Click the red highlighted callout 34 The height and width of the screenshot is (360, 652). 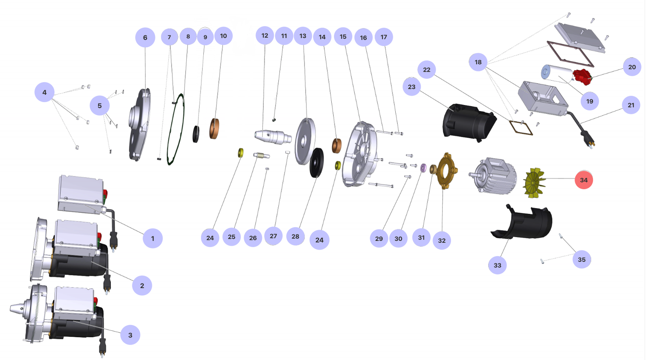pos(584,180)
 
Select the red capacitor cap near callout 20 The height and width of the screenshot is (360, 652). pos(582,77)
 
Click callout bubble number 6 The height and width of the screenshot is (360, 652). pos(145,37)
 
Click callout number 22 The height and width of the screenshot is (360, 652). pos(427,70)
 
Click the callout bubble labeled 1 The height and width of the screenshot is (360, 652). pos(153,238)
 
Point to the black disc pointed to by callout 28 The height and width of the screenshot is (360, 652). pos(317,162)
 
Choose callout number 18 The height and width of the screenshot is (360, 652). pos(478,62)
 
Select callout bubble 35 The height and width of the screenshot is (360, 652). pos(582,259)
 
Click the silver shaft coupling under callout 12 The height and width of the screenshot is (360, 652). pos(273,136)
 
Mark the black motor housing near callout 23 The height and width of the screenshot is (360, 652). pos(469,121)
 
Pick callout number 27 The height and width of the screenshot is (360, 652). pos(273,236)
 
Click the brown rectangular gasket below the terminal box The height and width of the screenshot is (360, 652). pos(521,127)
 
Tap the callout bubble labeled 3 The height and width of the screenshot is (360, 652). pos(130,335)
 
